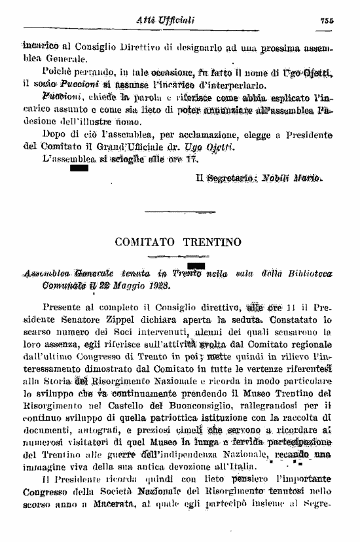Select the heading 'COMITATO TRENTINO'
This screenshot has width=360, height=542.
click(x=177, y=242)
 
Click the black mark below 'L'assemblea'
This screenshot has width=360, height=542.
click(x=78, y=169)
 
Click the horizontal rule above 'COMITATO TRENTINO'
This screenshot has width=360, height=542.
click(x=177, y=211)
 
